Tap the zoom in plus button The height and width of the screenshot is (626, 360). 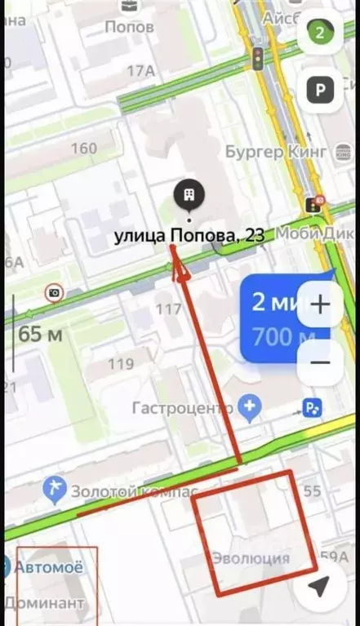tap(320, 304)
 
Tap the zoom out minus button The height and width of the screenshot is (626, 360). tap(320, 362)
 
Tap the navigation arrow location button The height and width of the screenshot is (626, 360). tap(320, 585)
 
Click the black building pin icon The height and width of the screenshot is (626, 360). tap(189, 196)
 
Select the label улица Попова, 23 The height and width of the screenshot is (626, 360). tap(189, 236)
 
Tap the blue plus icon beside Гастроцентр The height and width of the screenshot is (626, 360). tap(251, 406)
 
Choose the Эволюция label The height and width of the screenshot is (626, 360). tap(251, 558)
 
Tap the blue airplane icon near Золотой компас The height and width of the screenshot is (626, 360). tap(56, 490)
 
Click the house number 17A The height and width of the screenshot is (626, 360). tap(141, 71)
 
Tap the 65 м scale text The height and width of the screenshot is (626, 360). tap(41, 335)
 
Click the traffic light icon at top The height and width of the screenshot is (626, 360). tap(258, 58)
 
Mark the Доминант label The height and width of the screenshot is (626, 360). tap(44, 603)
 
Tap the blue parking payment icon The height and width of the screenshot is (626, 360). tap(312, 406)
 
